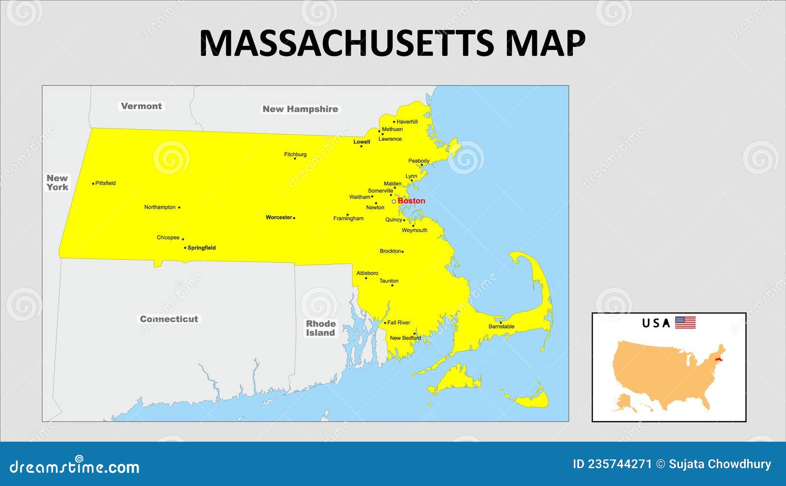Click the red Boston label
[412, 201]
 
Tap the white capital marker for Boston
[393, 201]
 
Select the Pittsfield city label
[106, 183]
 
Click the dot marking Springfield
[185, 248]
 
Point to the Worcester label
[279, 217]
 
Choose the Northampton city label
[160, 207]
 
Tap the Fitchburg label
[295, 155]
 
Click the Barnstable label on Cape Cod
[502, 326]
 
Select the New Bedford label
[405, 338]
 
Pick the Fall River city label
[398, 323]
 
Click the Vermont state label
[141, 106]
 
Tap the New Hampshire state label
[300, 109]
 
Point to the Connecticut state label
[169, 319]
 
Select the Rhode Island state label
[321, 328]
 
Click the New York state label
[57, 183]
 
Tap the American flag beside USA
[685, 323]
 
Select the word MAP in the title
[545, 43]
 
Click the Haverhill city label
[407, 122]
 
